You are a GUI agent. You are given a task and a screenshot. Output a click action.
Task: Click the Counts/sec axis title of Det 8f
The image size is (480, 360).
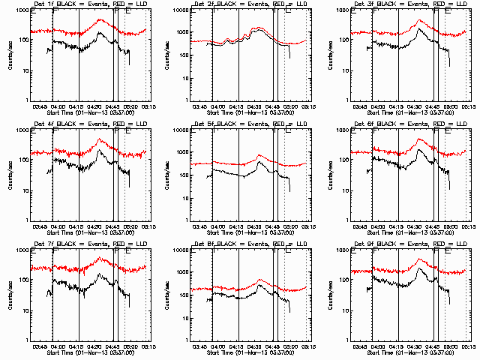click(x=171, y=295)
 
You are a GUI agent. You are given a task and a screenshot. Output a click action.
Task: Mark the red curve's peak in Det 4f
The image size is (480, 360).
click(x=100, y=140)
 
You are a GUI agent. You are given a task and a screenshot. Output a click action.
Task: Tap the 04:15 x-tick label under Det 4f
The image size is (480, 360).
click(x=78, y=226)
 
